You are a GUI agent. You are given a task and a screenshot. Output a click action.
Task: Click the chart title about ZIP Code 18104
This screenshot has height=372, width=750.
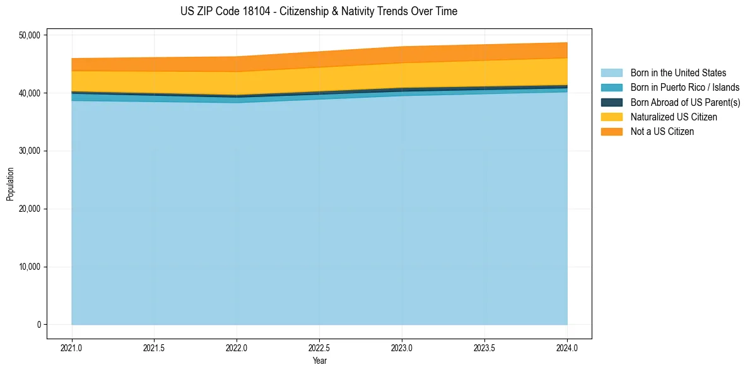pyautogui.click(x=319, y=11)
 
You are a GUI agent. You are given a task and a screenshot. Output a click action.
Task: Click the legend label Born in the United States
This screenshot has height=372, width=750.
pyautogui.click(x=678, y=73)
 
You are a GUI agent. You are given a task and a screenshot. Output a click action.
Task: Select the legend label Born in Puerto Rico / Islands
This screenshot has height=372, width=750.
pyautogui.click(x=685, y=88)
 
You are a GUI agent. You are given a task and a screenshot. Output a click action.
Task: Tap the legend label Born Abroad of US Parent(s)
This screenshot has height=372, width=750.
pyautogui.click(x=685, y=102)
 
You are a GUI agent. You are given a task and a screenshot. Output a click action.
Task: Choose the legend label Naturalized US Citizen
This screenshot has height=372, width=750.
pyautogui.click(x=674, y=117)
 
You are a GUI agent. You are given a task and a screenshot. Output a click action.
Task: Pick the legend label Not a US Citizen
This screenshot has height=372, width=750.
pyautogui.click(x=662, y=132)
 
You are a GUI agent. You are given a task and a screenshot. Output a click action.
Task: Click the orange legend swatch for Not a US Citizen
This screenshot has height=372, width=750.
pyautogui.click(x=611, y=132)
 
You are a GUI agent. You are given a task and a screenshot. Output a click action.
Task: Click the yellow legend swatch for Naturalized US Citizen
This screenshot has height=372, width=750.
pyautogui.click(x=611, y=117)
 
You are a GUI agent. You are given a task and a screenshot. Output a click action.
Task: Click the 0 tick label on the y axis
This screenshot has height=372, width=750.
pyautogui.click(x=38, y=325)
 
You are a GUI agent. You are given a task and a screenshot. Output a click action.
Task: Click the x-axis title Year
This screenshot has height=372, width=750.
pyautogui.click(x=319, y=361)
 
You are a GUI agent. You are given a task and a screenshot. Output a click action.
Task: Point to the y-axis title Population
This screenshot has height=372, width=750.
pyautogui.click(x=10, y=184)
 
